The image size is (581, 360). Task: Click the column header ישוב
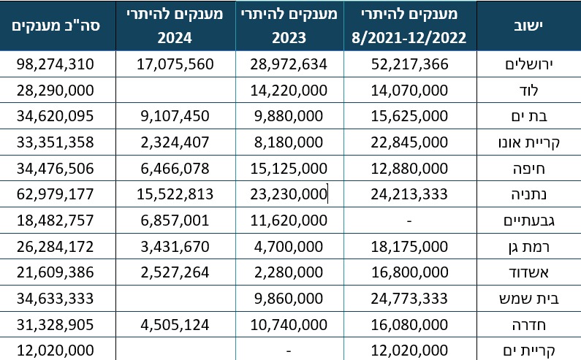(x=528, y=26)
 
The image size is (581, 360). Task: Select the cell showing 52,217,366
(x=414, y=64)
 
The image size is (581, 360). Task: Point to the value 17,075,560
(x=175, y=64)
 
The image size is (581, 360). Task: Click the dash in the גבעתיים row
(x=414, y=220)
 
